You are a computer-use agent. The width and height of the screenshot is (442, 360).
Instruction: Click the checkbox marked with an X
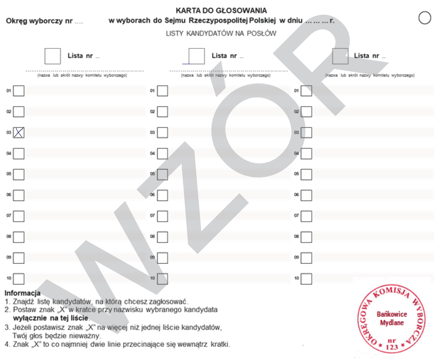19,133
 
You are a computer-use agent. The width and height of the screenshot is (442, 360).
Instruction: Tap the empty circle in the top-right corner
425,17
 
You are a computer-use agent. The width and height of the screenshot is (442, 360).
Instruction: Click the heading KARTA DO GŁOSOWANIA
221,11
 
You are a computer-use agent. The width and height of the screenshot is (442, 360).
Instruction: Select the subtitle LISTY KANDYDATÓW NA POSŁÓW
221,34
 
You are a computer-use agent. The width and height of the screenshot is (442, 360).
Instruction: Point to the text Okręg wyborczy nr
39,21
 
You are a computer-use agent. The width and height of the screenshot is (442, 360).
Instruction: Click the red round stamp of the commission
391,319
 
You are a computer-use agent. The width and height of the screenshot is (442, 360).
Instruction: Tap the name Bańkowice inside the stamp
392,314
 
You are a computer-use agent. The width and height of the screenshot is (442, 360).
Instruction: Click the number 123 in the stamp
392,347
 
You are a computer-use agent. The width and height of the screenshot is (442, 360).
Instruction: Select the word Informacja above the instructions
22,293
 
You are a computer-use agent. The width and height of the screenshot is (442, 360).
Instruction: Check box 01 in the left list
19,91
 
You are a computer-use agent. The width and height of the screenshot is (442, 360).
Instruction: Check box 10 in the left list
19,279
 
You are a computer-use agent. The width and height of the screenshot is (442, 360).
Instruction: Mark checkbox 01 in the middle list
163,91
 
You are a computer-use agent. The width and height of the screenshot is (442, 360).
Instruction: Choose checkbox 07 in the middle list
163,216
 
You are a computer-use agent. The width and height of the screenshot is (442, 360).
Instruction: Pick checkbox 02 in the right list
306,112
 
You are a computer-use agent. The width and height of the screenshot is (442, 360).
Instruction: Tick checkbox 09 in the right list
306,258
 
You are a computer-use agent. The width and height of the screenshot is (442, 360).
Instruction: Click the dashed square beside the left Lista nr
53,56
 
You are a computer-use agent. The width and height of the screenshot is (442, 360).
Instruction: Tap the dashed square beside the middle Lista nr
196,56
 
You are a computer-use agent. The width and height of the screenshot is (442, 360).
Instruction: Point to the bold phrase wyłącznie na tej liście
50,318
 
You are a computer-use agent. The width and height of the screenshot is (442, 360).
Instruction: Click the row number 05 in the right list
296,174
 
